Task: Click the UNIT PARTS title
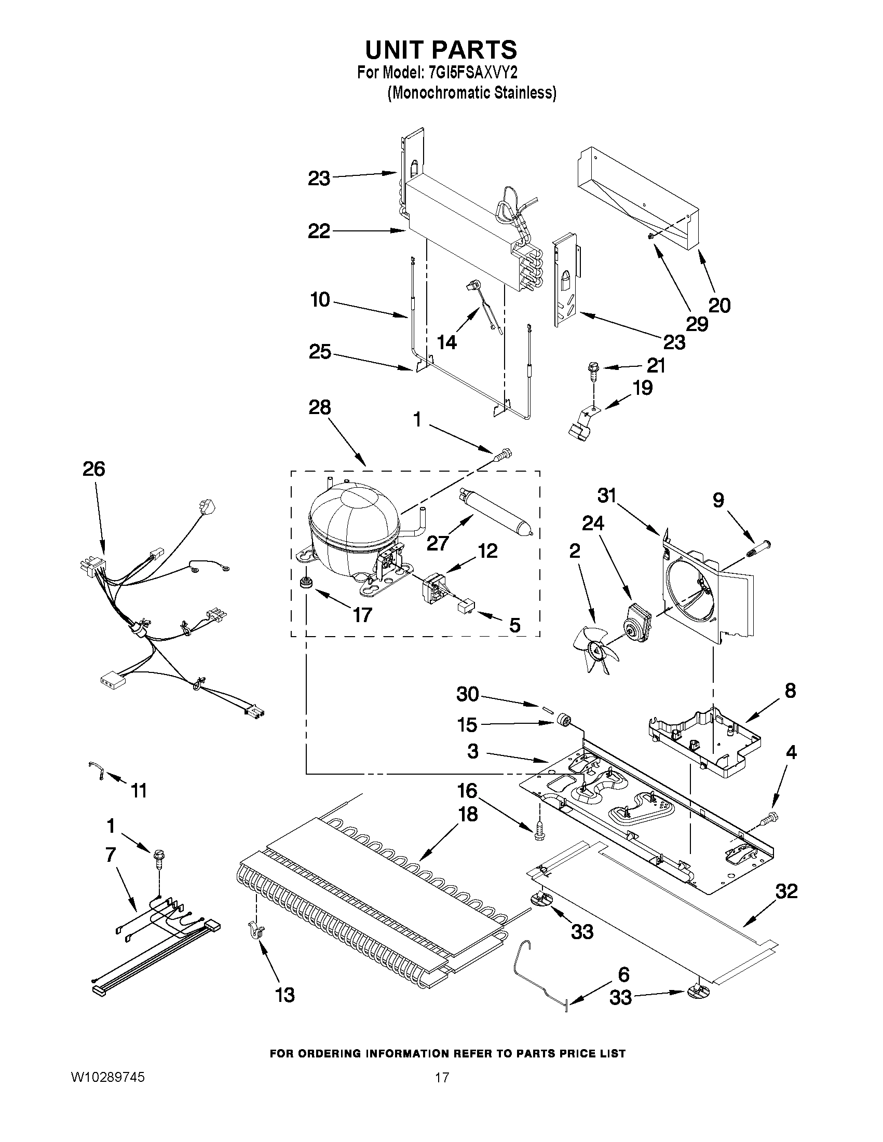point(441,50)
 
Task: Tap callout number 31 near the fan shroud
point(607,495)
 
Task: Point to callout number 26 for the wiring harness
point(93,469)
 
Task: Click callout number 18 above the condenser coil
point(468,814)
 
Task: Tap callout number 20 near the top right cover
point(719,305)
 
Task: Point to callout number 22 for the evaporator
point(319,230)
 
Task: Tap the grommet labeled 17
point(304,582)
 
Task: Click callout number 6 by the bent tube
point(623,975)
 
